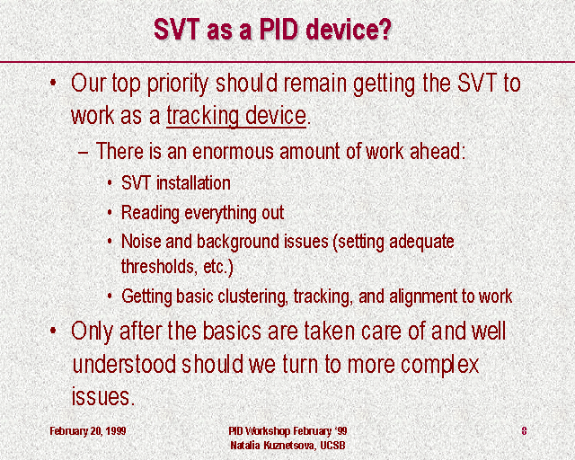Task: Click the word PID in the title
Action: tap(279, 29)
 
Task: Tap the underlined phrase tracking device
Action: tap(236, 116)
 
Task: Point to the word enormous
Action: tap(233, 152)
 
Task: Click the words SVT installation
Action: tap(176, 182)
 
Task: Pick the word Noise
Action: tap(141, 242)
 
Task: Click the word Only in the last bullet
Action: tap(92, 332)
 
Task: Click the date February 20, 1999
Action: tap(88, 430)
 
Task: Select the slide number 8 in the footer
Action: tap(524, 430)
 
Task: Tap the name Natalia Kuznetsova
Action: tap(272, 446)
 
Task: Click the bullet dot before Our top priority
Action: tap(53, 82)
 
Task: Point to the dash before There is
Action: tap(84, 153)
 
